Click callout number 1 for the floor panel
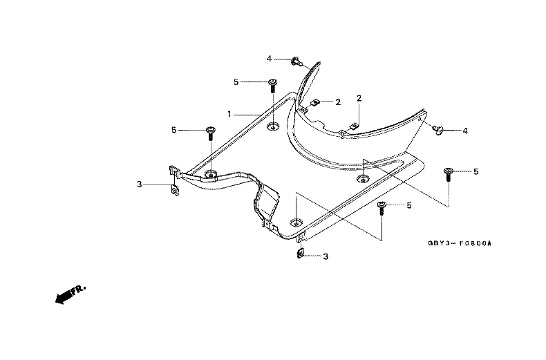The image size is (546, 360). pos(229,114)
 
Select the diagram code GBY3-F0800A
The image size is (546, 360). pos(460,243)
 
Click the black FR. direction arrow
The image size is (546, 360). pos(64,296)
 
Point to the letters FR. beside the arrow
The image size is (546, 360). pos(78,290)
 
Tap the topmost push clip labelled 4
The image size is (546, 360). pos(296,61)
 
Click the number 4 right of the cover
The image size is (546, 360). pos(465,131)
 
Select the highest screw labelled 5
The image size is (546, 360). pos(272,85)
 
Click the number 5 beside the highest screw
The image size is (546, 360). pos(236,82)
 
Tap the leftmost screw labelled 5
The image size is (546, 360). pos(210,133)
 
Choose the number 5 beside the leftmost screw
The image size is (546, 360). pos(173,130)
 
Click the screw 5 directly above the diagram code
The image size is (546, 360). pos(448,174)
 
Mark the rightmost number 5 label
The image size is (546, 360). pos(476,171)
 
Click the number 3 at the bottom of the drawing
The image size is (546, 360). pos(326,256)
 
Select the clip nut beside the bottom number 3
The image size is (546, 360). pos(300,254)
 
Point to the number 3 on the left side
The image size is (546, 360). pos(140,184)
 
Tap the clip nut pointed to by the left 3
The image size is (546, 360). pos(175,190)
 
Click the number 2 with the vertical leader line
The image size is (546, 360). pos(359,99)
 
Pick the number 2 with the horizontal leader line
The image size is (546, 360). pos(338,102)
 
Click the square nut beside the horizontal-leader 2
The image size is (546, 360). pos(315,102)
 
